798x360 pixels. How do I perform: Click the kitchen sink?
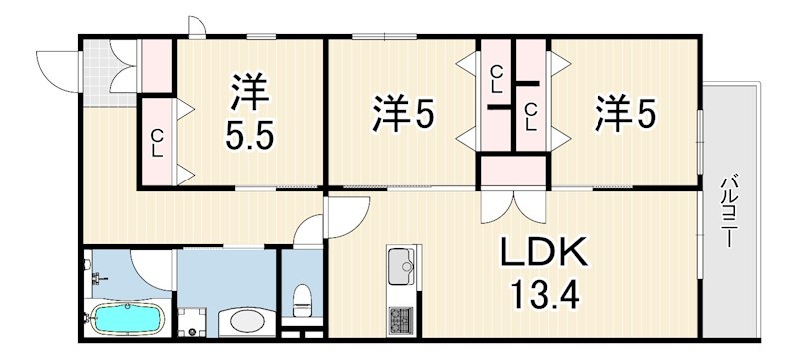[403, 267]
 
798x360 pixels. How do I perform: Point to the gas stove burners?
[403, 322]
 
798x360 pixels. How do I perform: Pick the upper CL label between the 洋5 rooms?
[496, 77]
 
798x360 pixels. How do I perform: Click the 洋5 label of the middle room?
[403, 116]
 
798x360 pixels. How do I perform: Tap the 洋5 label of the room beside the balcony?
[625, 114]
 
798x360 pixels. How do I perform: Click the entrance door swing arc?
[55, 65]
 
